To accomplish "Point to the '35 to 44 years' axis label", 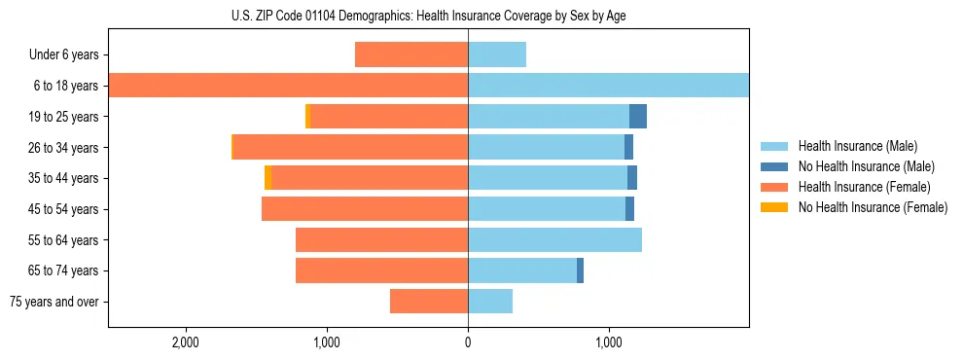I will tap(66, 178).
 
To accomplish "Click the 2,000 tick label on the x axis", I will tap(185, 343).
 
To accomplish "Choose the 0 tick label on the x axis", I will tap(468, 343).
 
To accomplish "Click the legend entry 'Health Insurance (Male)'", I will tap(856, 146).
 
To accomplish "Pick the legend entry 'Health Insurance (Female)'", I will tap(864, 187).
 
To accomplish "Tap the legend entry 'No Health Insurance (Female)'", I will tap(873, 207).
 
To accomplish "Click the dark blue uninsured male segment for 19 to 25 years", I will tap(638, 117).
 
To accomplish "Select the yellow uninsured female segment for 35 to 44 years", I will tap(267, 178).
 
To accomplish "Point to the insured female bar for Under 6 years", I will tap(411, 54).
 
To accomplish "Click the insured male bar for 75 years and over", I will tap(490, 302).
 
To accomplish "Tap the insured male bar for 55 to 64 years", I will tap(554, 239).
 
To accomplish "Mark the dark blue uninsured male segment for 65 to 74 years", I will tap(580, 270).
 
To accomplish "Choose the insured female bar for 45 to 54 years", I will tap(365, 209).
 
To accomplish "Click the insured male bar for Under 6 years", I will tap(497, 54).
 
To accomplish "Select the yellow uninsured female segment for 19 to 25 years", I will tap(307, 117).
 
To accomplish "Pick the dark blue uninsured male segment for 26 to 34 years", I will tap(628, 147).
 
